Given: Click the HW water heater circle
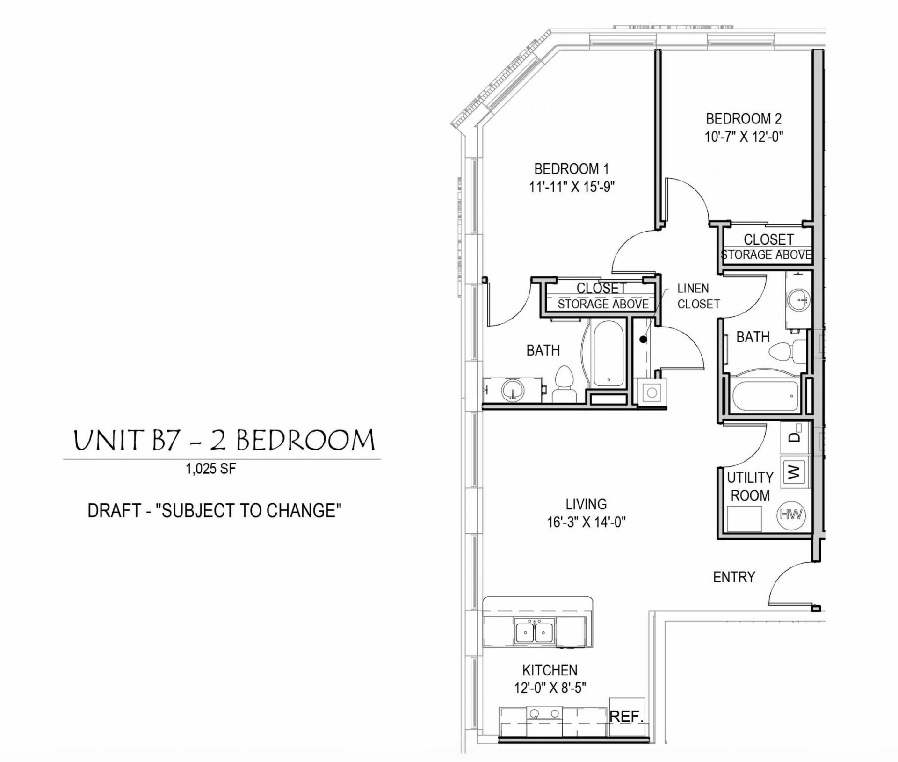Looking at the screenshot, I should tap(790, 515).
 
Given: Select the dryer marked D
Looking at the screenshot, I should tap(794, 436).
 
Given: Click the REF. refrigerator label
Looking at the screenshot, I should tap(627, 717).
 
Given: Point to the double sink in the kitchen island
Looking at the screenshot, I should tap(534, 632).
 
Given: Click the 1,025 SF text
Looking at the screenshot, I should tap(211, 469).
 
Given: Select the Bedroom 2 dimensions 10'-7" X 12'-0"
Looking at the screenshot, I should tap(744, 137).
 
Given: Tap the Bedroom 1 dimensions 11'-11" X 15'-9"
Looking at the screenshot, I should tap(572, 187).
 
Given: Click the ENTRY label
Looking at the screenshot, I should tap(734, 577).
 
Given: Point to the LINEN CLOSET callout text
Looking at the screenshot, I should tap(698, 296).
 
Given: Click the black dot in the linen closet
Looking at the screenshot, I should tap(643, 340).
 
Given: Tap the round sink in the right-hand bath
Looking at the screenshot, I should tap(797, 298).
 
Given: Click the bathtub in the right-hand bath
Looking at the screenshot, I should tap(765, 396).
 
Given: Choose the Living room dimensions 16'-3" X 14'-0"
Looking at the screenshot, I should tap(586, 522).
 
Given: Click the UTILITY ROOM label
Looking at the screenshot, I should tap(750, 486).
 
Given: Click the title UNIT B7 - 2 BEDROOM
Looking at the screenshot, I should tap(224, 441).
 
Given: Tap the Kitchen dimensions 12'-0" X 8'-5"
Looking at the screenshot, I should tap(550, 688).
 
